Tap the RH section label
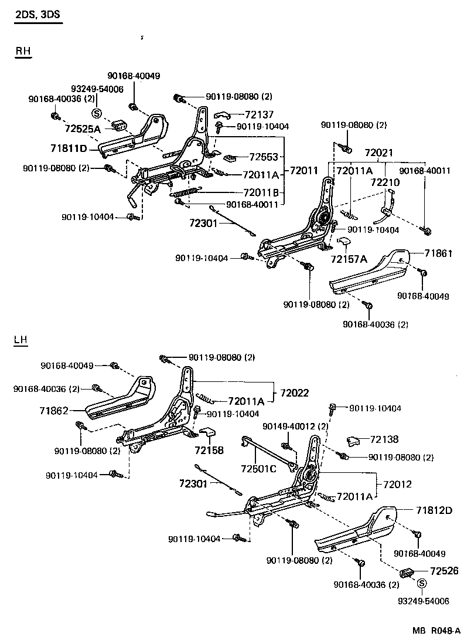23,52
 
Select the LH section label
22,340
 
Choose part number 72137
260,115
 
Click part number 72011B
261,192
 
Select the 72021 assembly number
378,153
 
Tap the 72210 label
385,182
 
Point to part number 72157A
348,259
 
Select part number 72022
294,392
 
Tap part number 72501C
258,469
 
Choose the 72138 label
384,438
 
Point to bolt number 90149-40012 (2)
295,427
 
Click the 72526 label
444,571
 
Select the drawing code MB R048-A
436,631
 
